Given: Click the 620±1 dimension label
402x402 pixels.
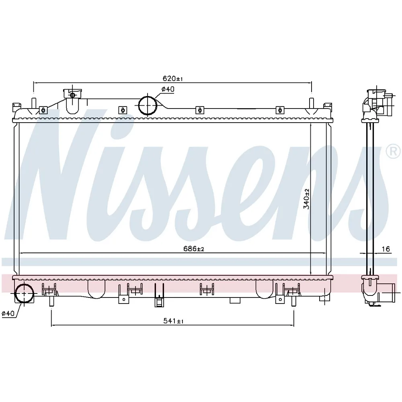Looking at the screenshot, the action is point(173,78).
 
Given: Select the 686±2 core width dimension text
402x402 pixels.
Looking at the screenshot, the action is point(194,248).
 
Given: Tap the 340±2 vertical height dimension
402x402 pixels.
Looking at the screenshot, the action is point(306,199).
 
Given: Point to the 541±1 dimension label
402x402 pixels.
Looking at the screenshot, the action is point(173,321).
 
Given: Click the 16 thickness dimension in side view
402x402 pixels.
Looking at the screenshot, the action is point(386,249).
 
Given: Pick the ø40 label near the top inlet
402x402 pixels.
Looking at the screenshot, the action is point(168,89).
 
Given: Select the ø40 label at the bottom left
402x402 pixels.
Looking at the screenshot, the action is point(8,313).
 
